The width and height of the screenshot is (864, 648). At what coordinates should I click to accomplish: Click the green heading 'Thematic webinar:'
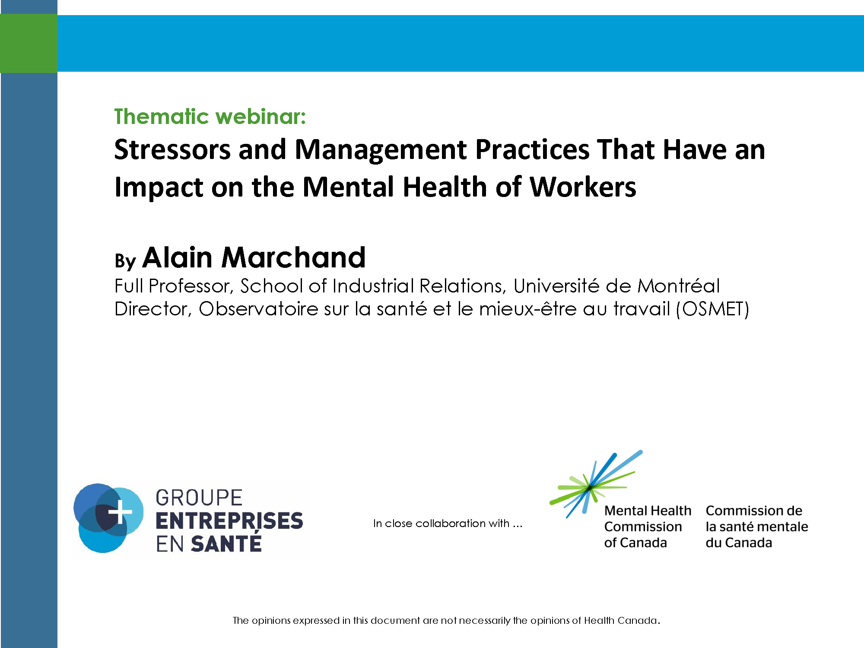[x=210, y=117]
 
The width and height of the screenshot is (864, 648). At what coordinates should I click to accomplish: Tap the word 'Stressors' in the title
[x=172, y=150]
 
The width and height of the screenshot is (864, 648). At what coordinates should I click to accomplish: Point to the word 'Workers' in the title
[x=583, y=187]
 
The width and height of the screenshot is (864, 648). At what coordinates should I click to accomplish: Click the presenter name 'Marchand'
[x=294, y=257]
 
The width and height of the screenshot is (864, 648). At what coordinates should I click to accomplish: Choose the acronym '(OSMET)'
[x=713, y=309]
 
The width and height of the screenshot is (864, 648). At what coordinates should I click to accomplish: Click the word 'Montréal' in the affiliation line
[x=679, y=286]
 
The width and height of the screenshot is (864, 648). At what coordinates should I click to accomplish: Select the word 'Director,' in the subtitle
[x=153, y=309]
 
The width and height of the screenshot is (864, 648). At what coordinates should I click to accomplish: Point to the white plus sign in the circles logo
[x=120, y=512]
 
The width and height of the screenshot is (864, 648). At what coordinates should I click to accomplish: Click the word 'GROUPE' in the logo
[x=199, y=498]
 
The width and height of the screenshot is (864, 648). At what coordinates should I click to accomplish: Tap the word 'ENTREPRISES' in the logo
[x=229, y=521]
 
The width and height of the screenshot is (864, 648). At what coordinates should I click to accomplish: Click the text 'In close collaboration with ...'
[x=448, y=524]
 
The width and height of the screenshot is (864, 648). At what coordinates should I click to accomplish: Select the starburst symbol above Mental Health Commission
[x=596, y=484]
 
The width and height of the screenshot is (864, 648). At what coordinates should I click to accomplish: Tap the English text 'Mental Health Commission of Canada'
[x=648, y=527]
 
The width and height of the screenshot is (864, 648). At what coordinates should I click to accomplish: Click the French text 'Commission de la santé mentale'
[x=757, y=519]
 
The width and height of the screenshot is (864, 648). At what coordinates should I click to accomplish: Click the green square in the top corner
[x=29, y=43]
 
